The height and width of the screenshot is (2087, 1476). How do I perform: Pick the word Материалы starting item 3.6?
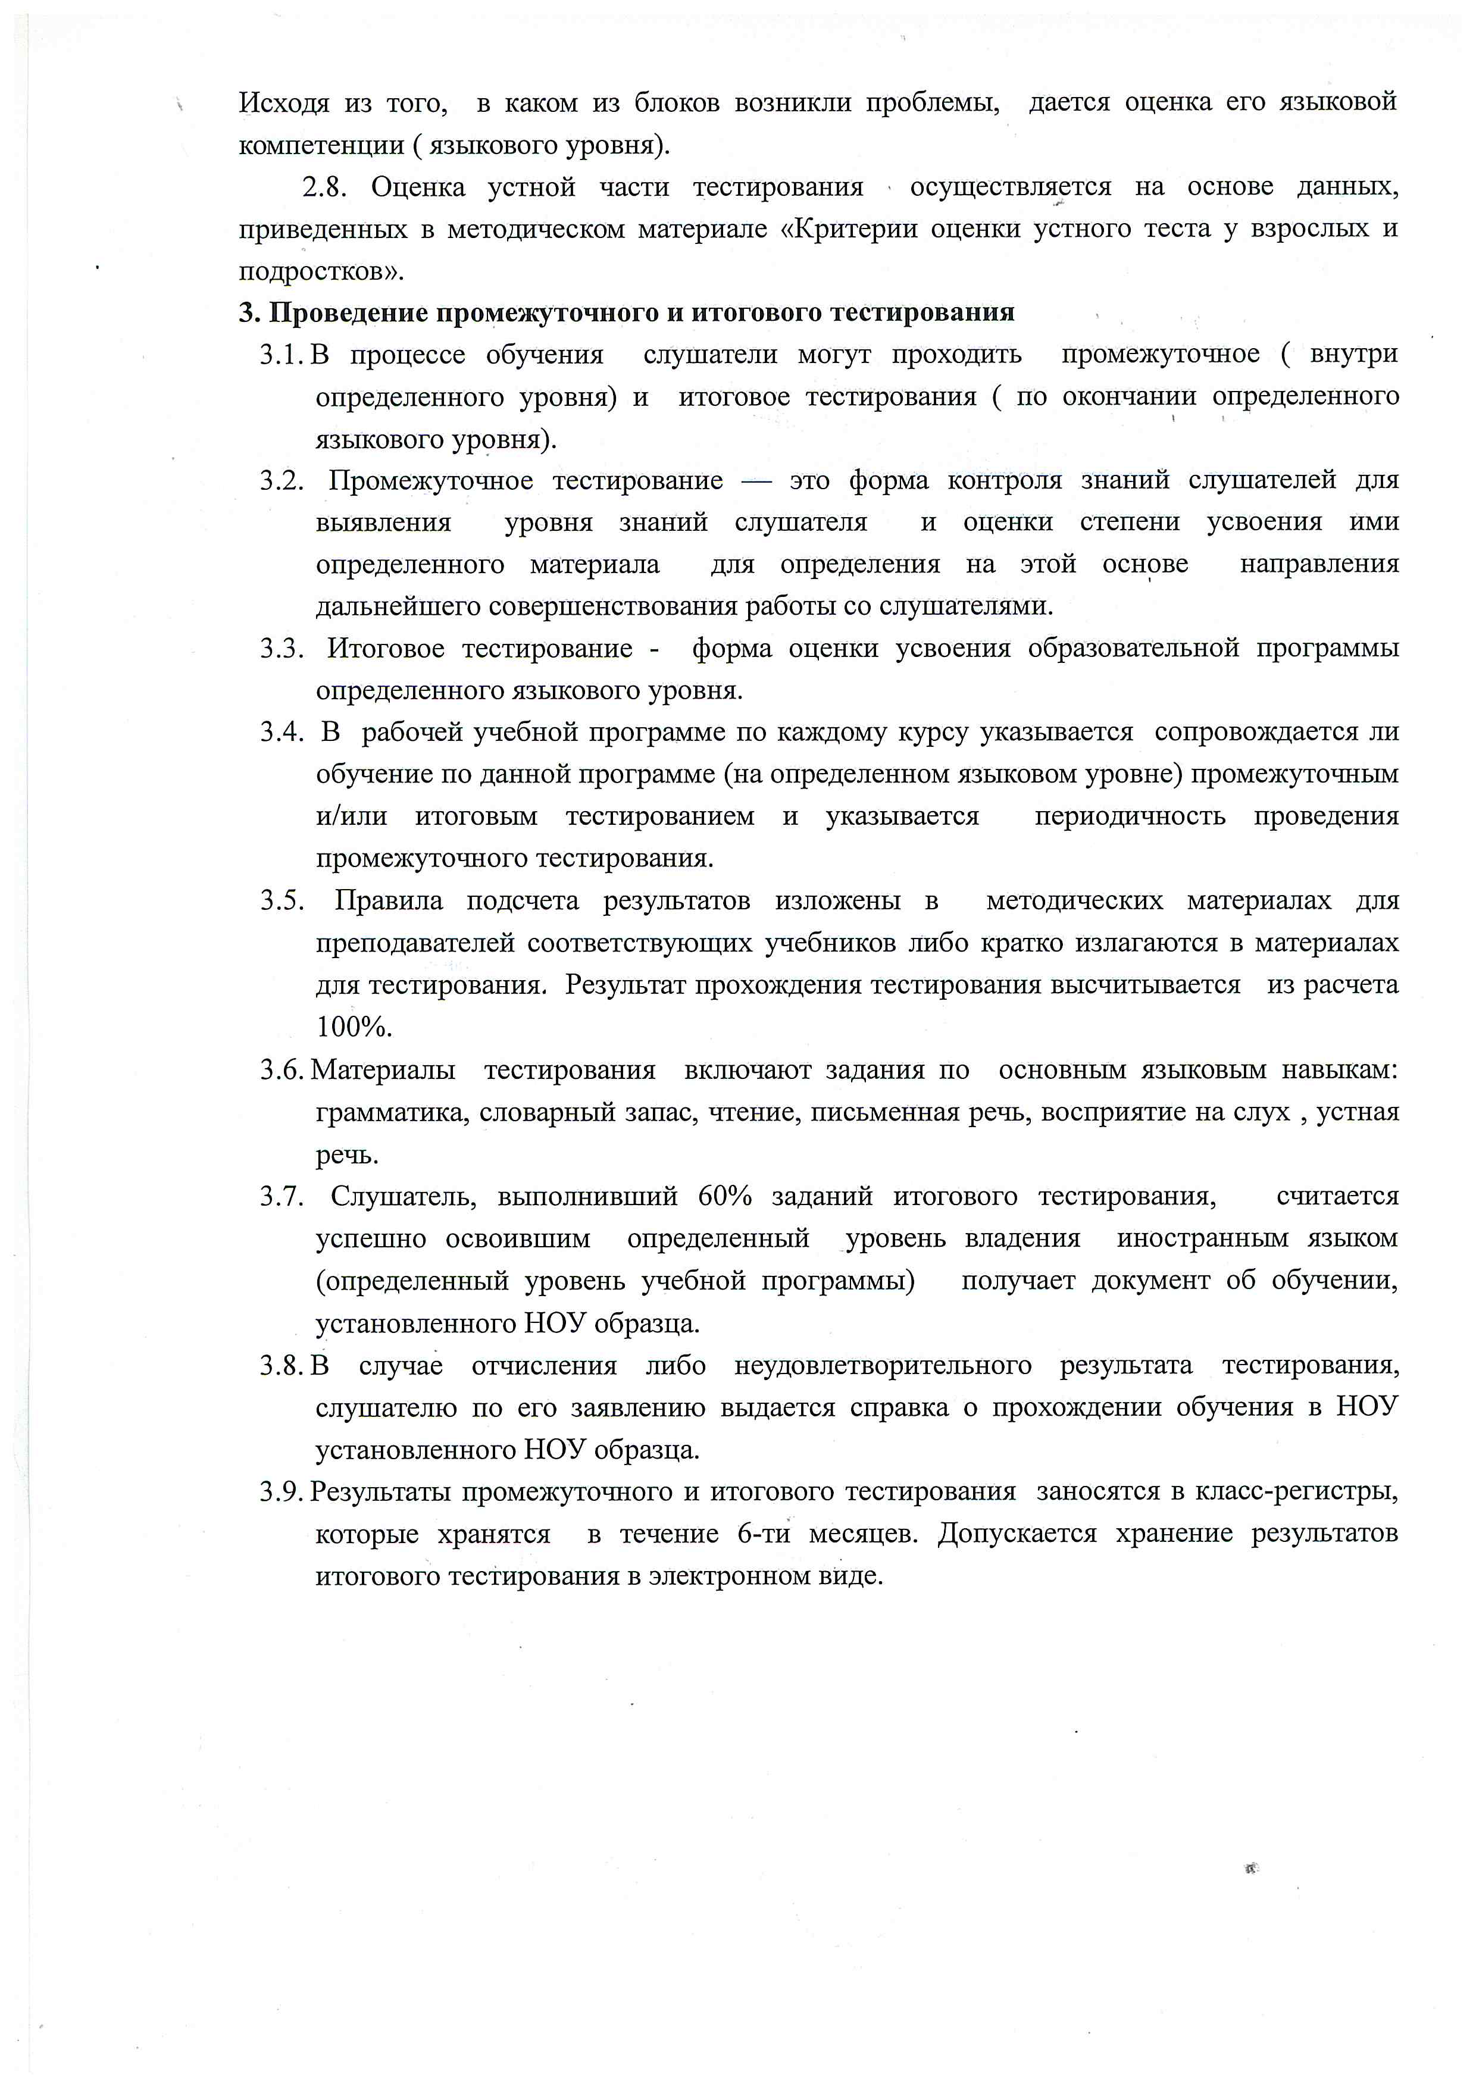click(x=383, y=1071)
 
